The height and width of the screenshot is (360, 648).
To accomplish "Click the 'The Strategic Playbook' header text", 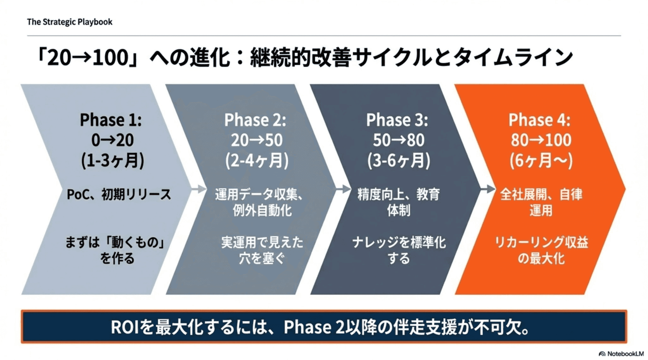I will coord(70,22).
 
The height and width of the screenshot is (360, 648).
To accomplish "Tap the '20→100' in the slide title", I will coord(88,58).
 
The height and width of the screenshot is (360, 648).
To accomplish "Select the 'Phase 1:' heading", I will coord(111,120).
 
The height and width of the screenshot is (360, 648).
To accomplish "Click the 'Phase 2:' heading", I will coord(255,120).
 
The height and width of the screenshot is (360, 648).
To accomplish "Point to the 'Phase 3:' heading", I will coord(397,120).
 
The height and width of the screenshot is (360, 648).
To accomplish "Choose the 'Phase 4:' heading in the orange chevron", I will coord(539,120).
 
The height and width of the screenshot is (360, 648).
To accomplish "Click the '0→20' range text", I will coord(112,140).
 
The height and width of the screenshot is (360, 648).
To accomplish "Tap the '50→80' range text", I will coord(398,140).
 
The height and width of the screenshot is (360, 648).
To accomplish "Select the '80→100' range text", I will coord(541,140).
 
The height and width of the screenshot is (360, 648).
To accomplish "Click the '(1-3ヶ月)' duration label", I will coord(112,160).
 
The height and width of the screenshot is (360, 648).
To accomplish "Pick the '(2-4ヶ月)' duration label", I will coord(257,160).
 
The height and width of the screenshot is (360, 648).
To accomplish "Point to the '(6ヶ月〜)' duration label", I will coord(541,160).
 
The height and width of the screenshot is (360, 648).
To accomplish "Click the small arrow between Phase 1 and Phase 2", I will coord(199,189).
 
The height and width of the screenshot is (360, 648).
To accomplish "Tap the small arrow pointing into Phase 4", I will coord(488,189).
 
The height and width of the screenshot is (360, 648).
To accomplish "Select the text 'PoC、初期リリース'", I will coord(119,194).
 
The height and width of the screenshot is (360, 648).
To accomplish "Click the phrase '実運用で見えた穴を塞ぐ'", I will coord(262,250).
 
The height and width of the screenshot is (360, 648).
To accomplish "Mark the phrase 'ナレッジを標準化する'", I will coord(399,250).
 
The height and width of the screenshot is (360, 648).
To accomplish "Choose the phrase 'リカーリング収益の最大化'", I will coord(541,250).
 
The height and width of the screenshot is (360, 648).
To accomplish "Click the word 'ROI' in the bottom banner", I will coord(124,327).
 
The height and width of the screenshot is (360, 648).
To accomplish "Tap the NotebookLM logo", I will coord(621,354).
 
